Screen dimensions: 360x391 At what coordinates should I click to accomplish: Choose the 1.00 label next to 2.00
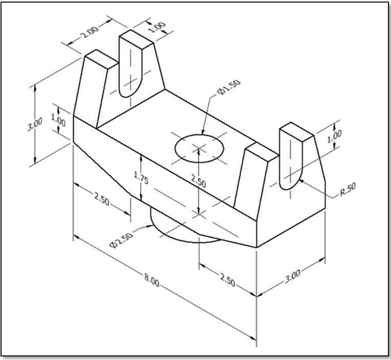pyautogui.click(x=157, y=27)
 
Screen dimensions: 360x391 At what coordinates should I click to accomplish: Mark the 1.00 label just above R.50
pyautogui.click(x=334, y=136)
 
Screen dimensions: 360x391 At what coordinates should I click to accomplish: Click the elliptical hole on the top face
pyautogui.click(x=199, y=147)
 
